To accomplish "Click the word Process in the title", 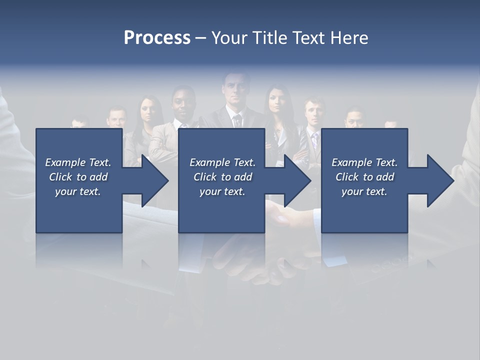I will pyautogui.click(x=157, y=38).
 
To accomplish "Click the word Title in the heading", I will pyautogui.click(x=270, y=38).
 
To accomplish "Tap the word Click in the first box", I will pyautogui.click(x=60, y=177).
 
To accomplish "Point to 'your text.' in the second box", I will pyautogui.click(x=222, y=191).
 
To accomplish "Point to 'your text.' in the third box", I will pyautogui.click(x=364, y=191).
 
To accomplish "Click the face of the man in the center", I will pyautogui.click(x=234, y=92).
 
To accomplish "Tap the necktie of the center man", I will pyautogui.click(x=237, y=120).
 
